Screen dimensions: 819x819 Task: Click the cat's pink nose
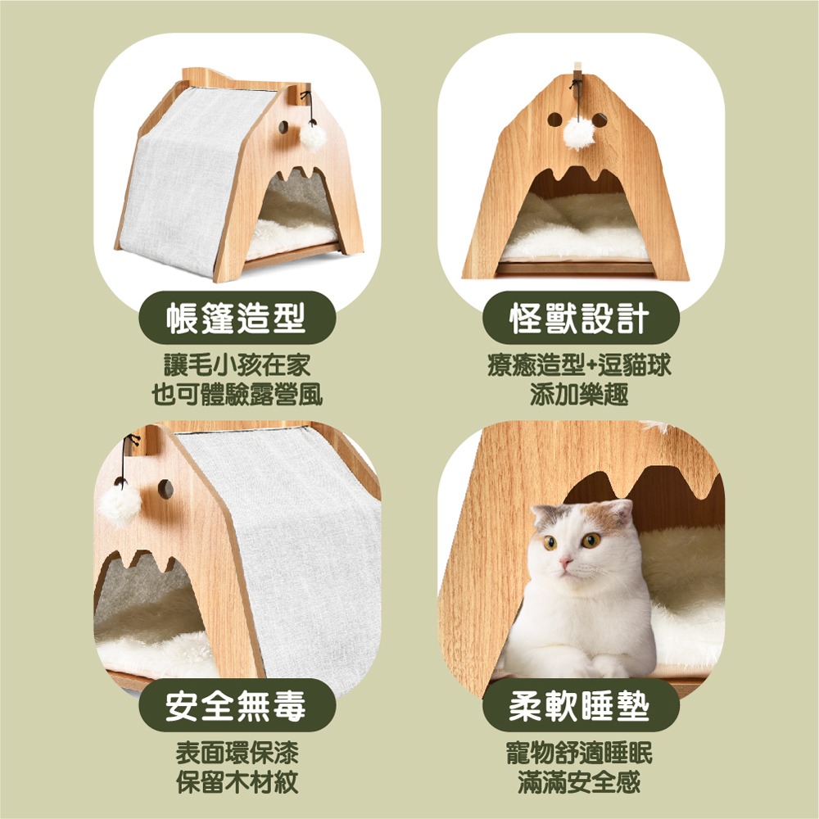click(565, 563)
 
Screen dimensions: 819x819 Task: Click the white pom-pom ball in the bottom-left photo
click(120, 505)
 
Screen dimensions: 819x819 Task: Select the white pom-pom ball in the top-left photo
click(313, 135)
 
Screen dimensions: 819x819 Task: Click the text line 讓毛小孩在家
click(238, 365)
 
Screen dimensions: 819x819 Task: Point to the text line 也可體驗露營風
click(238, 395)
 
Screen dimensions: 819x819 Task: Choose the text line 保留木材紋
click(238, 782)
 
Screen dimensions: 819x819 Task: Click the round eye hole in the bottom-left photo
click(165, 489)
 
